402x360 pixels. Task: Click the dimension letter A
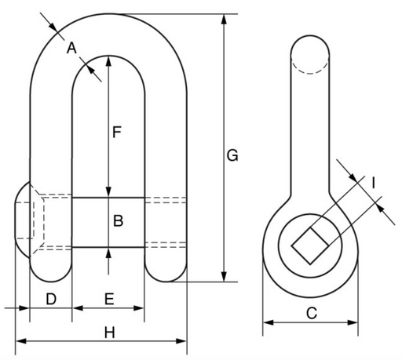pos(71,49)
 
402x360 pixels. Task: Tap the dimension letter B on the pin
pos(118,221)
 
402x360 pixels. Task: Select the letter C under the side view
pos(312,313)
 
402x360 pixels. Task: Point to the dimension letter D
pos(51,299)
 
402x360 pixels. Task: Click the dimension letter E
pos(109,299)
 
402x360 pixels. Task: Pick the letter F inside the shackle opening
pos(116,132)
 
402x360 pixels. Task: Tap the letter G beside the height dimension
pos(232,156)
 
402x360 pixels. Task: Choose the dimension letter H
pos(110,333)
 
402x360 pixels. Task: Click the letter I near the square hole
pos(374,183)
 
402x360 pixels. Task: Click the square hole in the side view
pos(310,245)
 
